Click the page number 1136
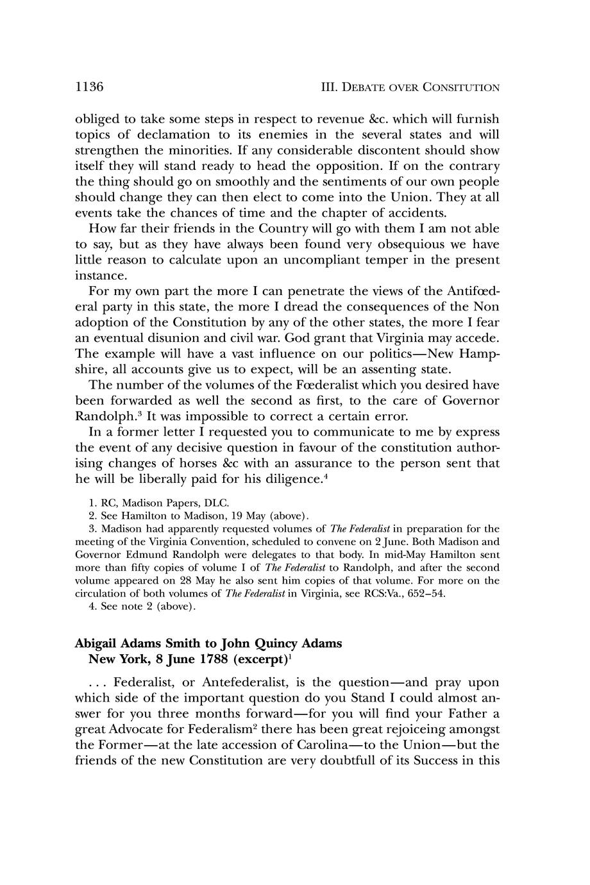tap(89, 87)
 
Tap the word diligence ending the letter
tap(285, 478)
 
